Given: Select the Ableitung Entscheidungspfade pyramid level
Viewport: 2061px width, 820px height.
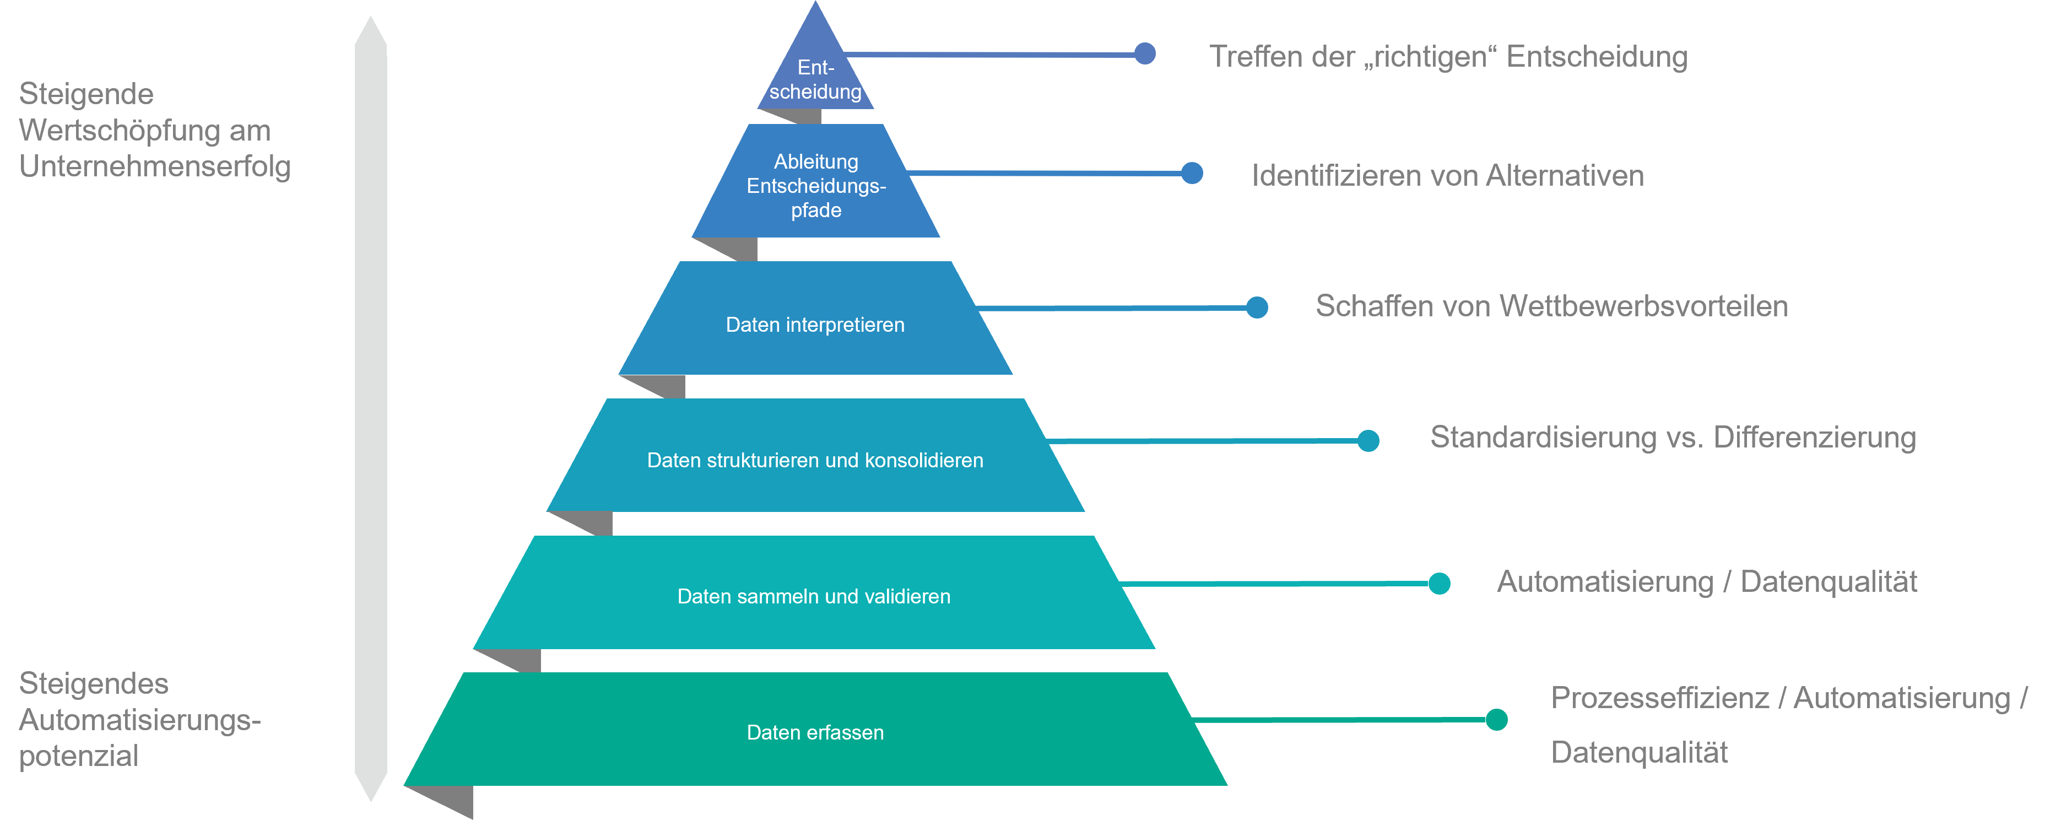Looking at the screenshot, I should (816, 186).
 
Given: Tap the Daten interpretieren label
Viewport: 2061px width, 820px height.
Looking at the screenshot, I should (814, 325).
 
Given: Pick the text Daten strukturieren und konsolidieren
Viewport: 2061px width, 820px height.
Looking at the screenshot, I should (814, 460).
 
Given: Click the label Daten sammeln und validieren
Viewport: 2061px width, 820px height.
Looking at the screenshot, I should (814, 596).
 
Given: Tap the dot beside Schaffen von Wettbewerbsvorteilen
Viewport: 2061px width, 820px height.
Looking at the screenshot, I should (1257, 307).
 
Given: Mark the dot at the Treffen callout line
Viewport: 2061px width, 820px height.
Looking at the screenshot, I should (1145, 53).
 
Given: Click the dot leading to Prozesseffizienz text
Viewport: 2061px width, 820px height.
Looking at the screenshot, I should (1496, 719).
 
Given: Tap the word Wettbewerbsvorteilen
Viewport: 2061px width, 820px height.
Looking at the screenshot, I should (1643, 306).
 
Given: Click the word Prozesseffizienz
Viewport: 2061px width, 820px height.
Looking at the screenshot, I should (1659, 698).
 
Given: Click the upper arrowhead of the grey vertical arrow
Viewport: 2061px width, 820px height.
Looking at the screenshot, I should (370, 32).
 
